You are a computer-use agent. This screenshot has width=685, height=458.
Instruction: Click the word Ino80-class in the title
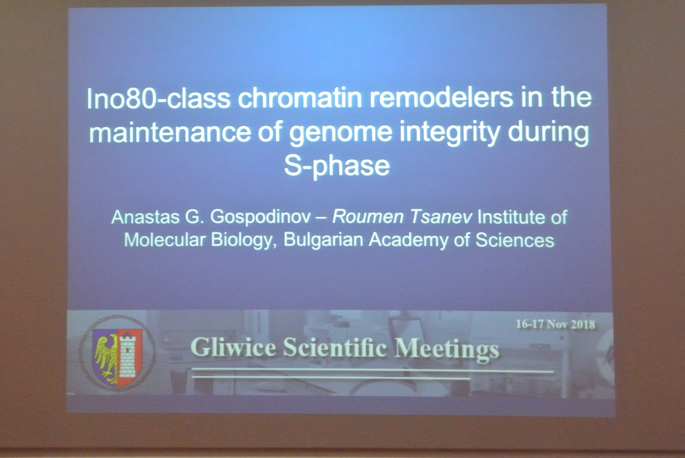[158, 98]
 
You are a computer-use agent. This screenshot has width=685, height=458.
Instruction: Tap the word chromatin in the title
[300, 98]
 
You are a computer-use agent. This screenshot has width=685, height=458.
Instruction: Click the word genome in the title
[340, 134]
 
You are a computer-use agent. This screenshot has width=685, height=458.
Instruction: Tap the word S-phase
[337, 166]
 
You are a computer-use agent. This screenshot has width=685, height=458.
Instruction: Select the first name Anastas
[146, 217]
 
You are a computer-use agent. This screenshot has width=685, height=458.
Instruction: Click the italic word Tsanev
[441, 217]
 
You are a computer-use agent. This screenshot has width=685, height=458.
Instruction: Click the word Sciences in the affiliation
[515, 240]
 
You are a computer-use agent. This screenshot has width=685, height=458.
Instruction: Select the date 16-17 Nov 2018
[556, 324]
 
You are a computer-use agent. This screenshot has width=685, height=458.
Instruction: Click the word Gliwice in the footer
[233, 348]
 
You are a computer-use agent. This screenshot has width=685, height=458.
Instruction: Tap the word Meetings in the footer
[447, 349]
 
